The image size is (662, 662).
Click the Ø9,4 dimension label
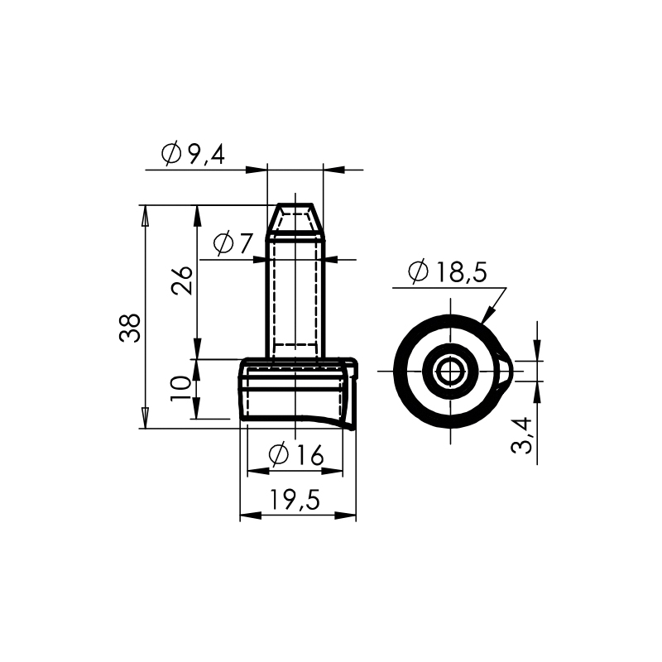click(x=193, y=154)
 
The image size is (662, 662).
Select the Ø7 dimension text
click(x=233, y=243)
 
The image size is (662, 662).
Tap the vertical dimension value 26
click(x=182, y=281)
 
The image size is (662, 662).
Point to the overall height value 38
click(x=130, y=328)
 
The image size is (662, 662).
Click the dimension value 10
click(x=180, y=388)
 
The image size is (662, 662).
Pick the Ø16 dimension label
click(x=296, y=455)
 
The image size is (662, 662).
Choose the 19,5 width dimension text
click(x=295, y=501)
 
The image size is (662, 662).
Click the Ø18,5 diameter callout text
click(x=448, y=272)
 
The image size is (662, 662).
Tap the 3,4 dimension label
click(x=521, y=435)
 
